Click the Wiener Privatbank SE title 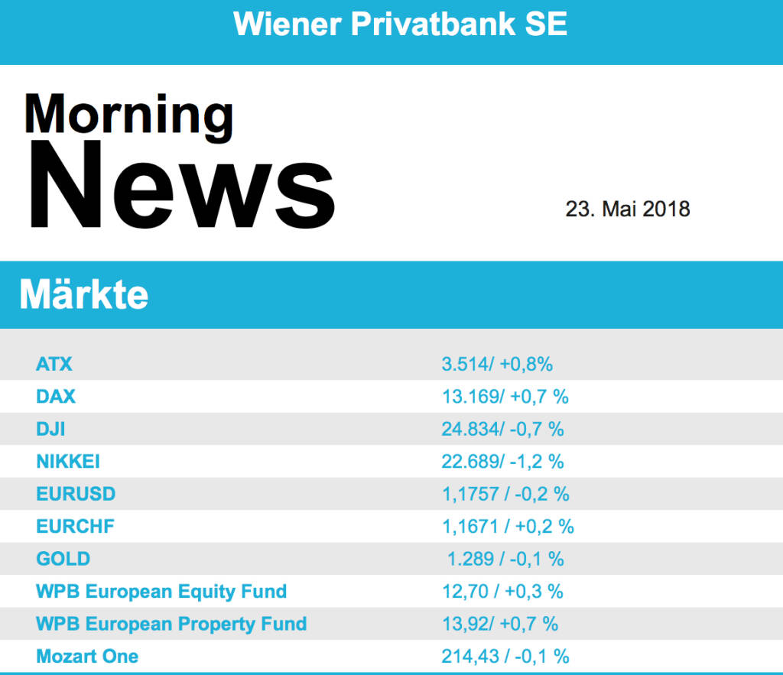(400, 24)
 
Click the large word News (181, 186)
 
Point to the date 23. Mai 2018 (627, 209)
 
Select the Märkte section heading (83, 294)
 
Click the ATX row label (54, 364)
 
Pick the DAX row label (56, 397)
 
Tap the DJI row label (50, 429)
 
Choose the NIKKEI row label (68, 462)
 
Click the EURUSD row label (76, 494)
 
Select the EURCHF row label (75, 526)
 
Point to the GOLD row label (63, 559)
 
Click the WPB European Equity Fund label (161, 591)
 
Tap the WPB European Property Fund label (171, 624)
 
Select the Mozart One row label (87, 656)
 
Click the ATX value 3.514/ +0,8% (497, 364)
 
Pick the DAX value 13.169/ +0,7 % (505, 397)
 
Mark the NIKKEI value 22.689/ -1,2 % (502, 462)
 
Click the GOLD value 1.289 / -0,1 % (505, 559)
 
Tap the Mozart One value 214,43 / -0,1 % (505, 656)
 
